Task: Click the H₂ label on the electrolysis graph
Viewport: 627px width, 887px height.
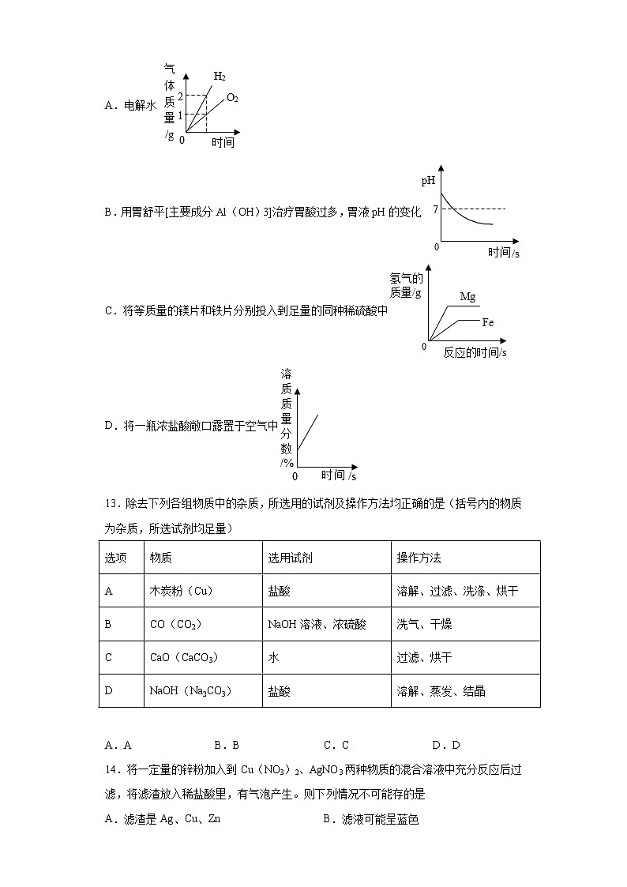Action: tap(220, 77)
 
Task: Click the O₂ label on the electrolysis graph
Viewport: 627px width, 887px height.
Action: tap(232, 98)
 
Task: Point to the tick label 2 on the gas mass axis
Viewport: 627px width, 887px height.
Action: tap(180, 96)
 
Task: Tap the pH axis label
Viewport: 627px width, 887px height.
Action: tap(428, 181)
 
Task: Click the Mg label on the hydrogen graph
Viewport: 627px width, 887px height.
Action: tap(467, 297)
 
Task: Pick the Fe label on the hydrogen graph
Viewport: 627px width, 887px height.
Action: tap(488, 322)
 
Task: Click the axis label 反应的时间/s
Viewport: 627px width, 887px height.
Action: tap(475, 352)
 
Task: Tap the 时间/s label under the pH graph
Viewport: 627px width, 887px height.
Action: tap(503, 253)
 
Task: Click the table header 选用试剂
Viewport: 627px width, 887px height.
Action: tap(290, 558)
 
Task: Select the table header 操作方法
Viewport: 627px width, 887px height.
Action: tap(419, 558)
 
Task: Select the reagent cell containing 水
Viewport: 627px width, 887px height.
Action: tap(273, 657)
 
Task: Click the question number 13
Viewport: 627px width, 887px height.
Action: tap(111, 504)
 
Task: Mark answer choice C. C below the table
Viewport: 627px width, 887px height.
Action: tap(336, 745)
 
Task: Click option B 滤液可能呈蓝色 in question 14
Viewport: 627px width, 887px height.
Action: tap(370, 819)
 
